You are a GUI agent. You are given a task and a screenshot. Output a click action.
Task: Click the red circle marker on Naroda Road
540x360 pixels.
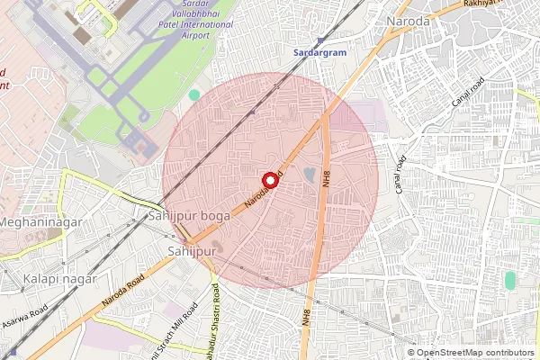[x=268, y=179]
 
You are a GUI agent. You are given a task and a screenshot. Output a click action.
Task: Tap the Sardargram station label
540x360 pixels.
[x=319, y=53]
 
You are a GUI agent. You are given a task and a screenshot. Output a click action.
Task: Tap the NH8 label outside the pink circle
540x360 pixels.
[x=306, y=318]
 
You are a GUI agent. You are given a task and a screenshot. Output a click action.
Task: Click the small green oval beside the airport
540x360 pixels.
[x=194, y=94]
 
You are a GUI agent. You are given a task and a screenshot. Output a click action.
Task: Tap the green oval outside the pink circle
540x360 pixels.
[x=510, y=281]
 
